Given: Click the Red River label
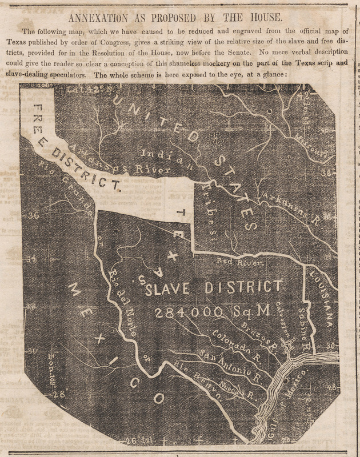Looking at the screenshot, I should [239, 263].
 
